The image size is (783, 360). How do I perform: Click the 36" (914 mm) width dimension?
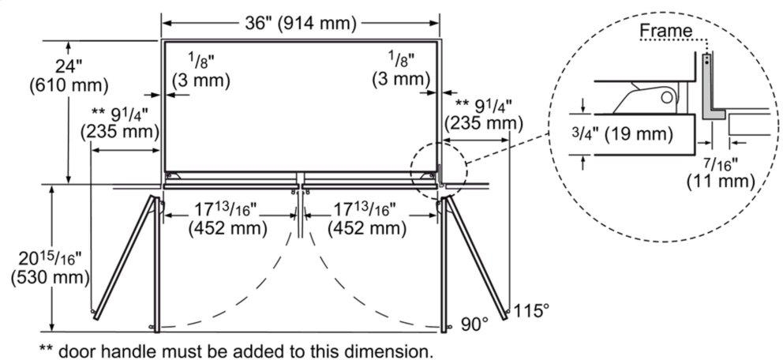(300, 23)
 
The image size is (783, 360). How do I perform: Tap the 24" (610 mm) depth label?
(69, 76)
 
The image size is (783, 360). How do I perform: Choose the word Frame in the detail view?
(666, 31)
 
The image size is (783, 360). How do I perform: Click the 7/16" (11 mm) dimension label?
(720, 171)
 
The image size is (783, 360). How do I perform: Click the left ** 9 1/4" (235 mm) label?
(120, 123)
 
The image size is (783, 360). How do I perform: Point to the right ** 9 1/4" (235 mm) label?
(484, 114)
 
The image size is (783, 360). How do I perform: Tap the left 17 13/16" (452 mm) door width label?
(227, 219)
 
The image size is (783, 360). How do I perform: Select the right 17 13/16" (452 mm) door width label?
(366, 219)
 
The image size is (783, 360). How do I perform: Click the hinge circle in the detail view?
(666, 97)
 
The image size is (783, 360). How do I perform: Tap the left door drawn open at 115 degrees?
(124, 257)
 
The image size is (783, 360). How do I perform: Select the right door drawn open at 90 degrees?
(444, 265)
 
